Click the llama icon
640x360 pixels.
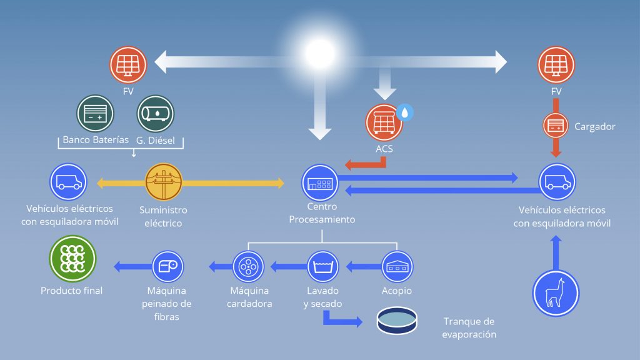pos(556,293)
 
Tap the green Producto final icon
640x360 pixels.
pos(72,258)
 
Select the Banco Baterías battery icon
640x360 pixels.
pos(95,114)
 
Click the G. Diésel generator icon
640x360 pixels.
pos(156,114)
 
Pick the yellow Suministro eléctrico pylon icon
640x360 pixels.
pos(164,182)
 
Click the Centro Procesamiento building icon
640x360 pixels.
pos(320,183)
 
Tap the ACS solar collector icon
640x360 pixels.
pos(384,122)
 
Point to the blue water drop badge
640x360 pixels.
pos(404,112)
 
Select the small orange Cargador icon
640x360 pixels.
pos(556,125)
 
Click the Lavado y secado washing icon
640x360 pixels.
pos(323,266)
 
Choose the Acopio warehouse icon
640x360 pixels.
pos(397,266)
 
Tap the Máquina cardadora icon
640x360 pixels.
pos(248,266)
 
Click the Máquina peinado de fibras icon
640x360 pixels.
pos(167,266)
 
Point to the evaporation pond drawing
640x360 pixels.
pos(397,321)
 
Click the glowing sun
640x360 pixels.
pos(321,53)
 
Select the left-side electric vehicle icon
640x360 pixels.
pos(68,182)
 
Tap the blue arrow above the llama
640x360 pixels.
pos(556,253)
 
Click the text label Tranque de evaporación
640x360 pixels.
pos(469,327)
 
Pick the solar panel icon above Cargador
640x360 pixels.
pos(556,65)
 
